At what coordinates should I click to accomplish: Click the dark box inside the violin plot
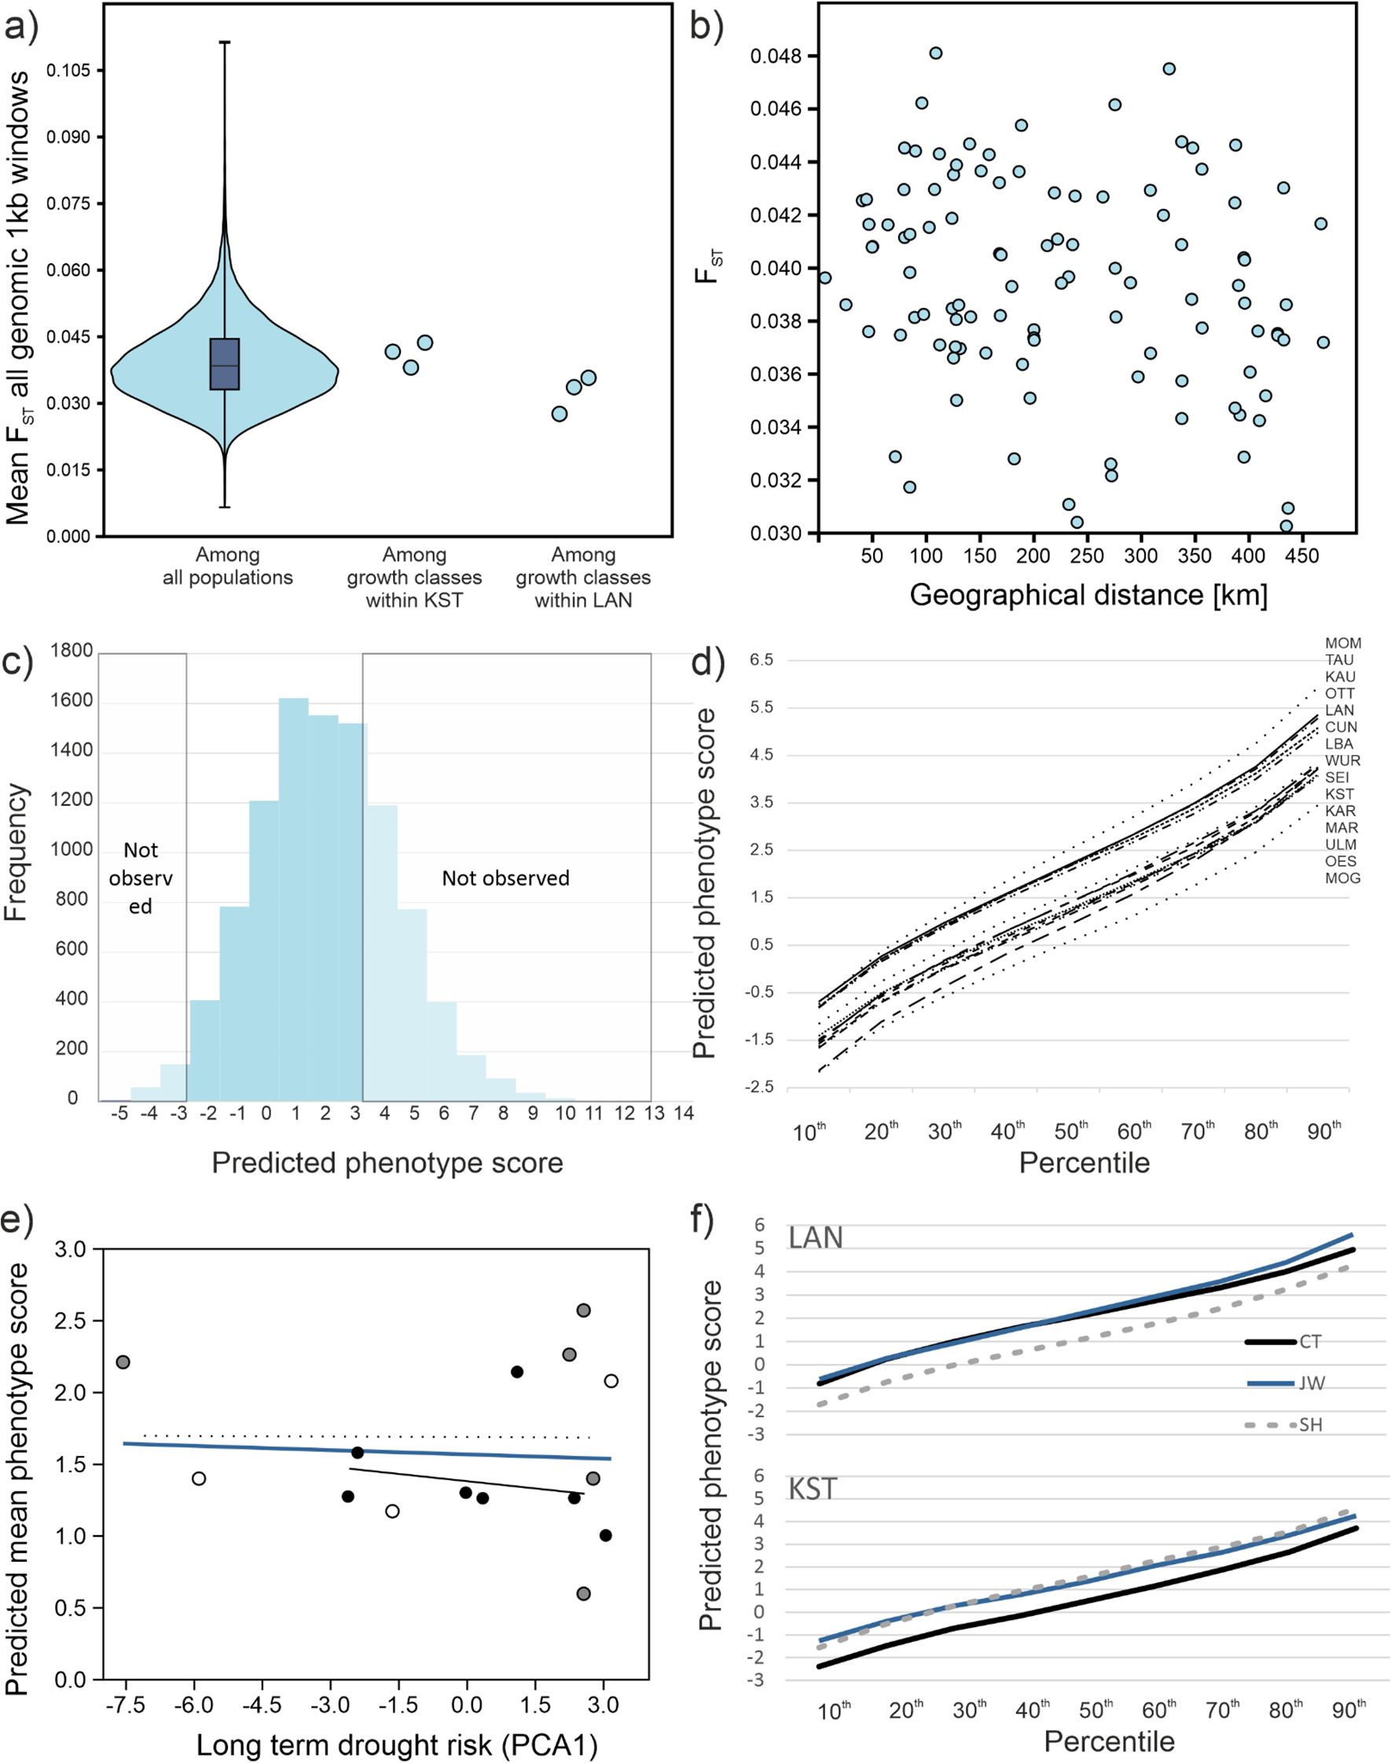coord(224,364)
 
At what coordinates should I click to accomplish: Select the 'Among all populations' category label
coord(227,566)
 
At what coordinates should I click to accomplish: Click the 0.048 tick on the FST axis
coord(776,56)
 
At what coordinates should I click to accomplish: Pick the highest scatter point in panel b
coord(936,53)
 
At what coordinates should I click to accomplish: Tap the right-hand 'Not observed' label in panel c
coord(505,878)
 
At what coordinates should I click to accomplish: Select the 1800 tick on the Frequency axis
coord(72,651)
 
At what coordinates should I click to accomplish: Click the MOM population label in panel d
coord(1343,643)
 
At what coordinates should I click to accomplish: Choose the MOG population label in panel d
coord(1342,878)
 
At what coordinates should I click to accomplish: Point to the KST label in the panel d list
coord(1340,794)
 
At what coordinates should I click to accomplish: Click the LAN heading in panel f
coord(815,1238)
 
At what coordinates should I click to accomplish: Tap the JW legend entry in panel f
coord(1309,1383)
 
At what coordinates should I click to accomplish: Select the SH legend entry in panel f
coord(1310,1424)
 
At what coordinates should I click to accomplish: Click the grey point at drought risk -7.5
coord(123,1362)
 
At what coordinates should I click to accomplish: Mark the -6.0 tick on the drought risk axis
coord(194,1705)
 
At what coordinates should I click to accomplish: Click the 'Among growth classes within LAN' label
coord(583,577)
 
